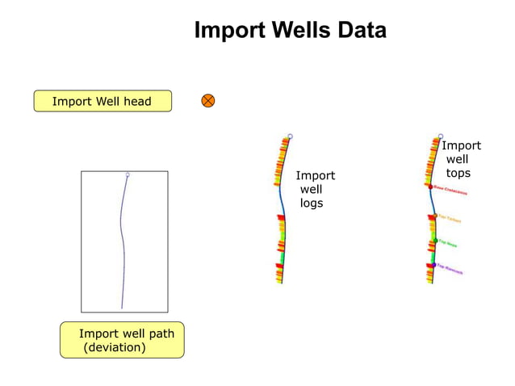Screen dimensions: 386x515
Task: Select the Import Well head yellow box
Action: tap(103, 101)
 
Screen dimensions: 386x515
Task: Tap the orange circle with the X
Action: tap(208, 101)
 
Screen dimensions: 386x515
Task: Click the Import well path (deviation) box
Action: tap(122, 340)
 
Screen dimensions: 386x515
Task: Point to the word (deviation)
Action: tap(115, 348)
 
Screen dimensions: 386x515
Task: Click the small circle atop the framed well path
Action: tap(128, 174)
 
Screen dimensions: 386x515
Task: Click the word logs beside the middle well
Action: tap(312, 203)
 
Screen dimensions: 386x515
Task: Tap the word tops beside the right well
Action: tap(458, 174)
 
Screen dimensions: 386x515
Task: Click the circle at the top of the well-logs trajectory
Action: tap(291, 136)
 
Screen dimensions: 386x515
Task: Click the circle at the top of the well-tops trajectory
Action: tap(441, 136)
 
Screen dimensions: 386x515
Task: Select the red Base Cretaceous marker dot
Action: tap(431, 187)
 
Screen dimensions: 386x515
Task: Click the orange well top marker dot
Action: tap(435, 216)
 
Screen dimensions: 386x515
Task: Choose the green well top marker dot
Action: tap(434, 241)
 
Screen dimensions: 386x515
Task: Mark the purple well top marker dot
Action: tap(433, 265)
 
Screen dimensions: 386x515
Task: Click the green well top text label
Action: tap(450, 245)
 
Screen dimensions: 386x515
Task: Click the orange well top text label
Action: tap(450, 220)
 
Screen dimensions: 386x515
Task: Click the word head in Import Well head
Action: tap(136, 102)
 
